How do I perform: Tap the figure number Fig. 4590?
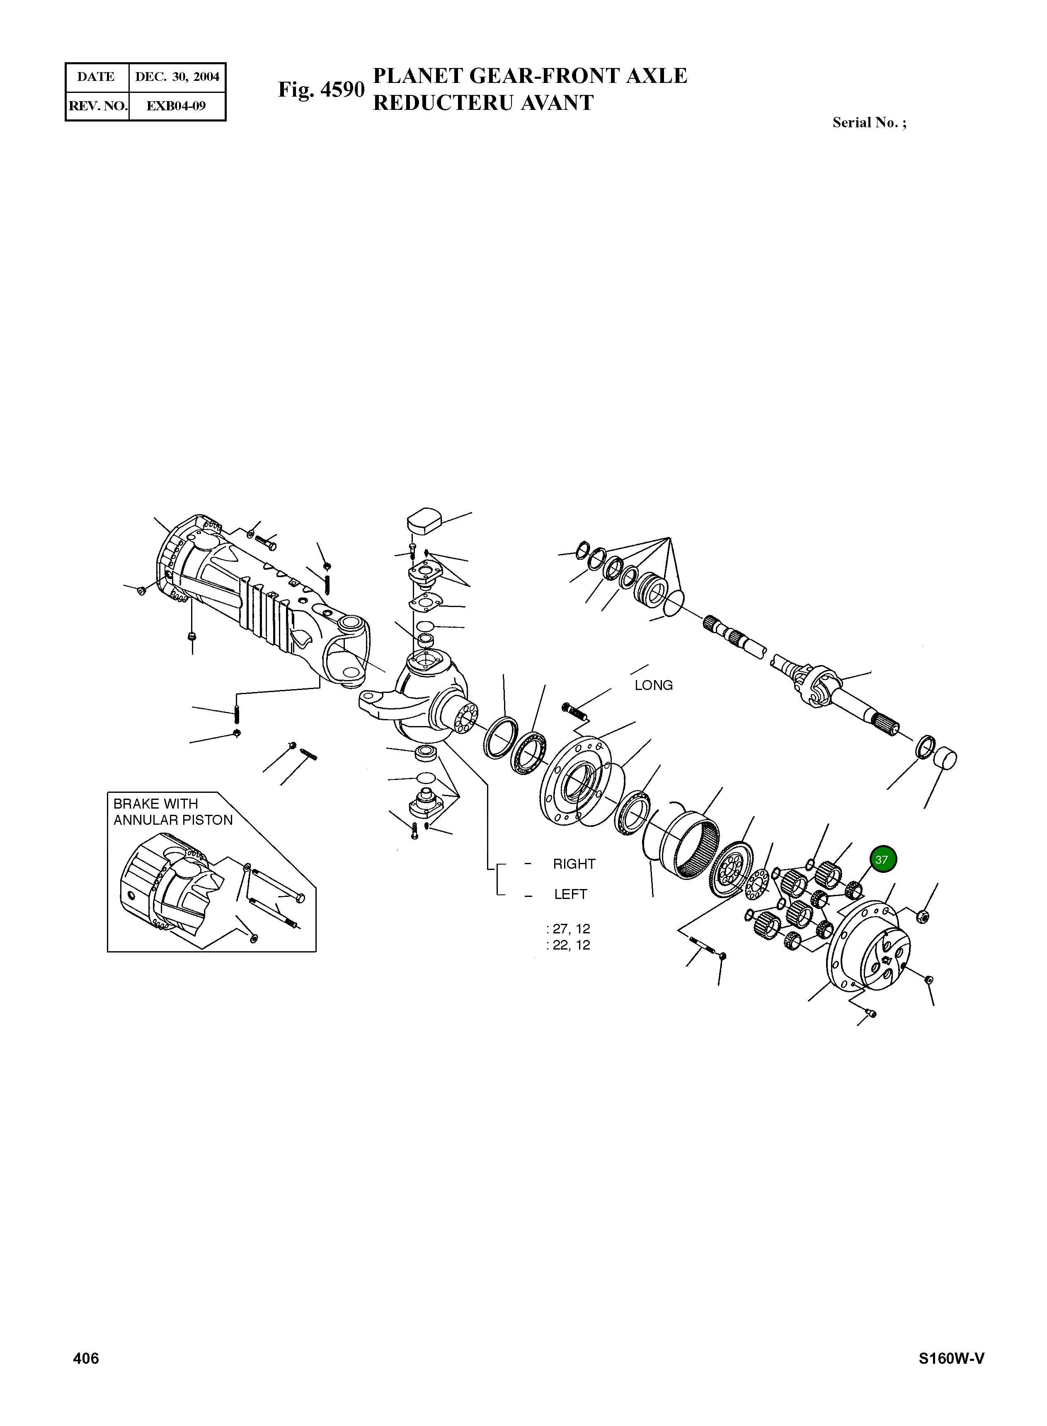pyautogui.click(x=321, y=90)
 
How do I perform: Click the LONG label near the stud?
pyautogui.click(x=653, y=685)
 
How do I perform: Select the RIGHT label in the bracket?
pyautogui.click(x=574, y=864)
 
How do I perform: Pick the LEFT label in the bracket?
pyautogui.click(x=570, y=895)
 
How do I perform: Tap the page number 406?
pyautogui.click(x=86, y=1376)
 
